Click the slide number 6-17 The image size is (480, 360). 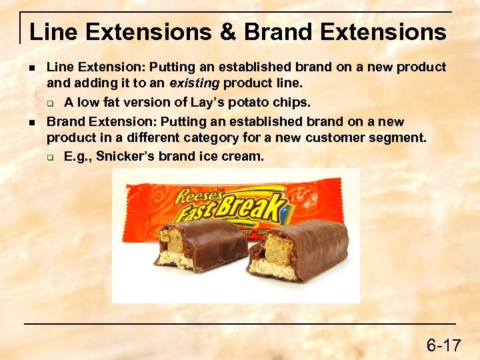click(x=443, y=345)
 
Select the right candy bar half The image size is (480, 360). click(x=298, y=250)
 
